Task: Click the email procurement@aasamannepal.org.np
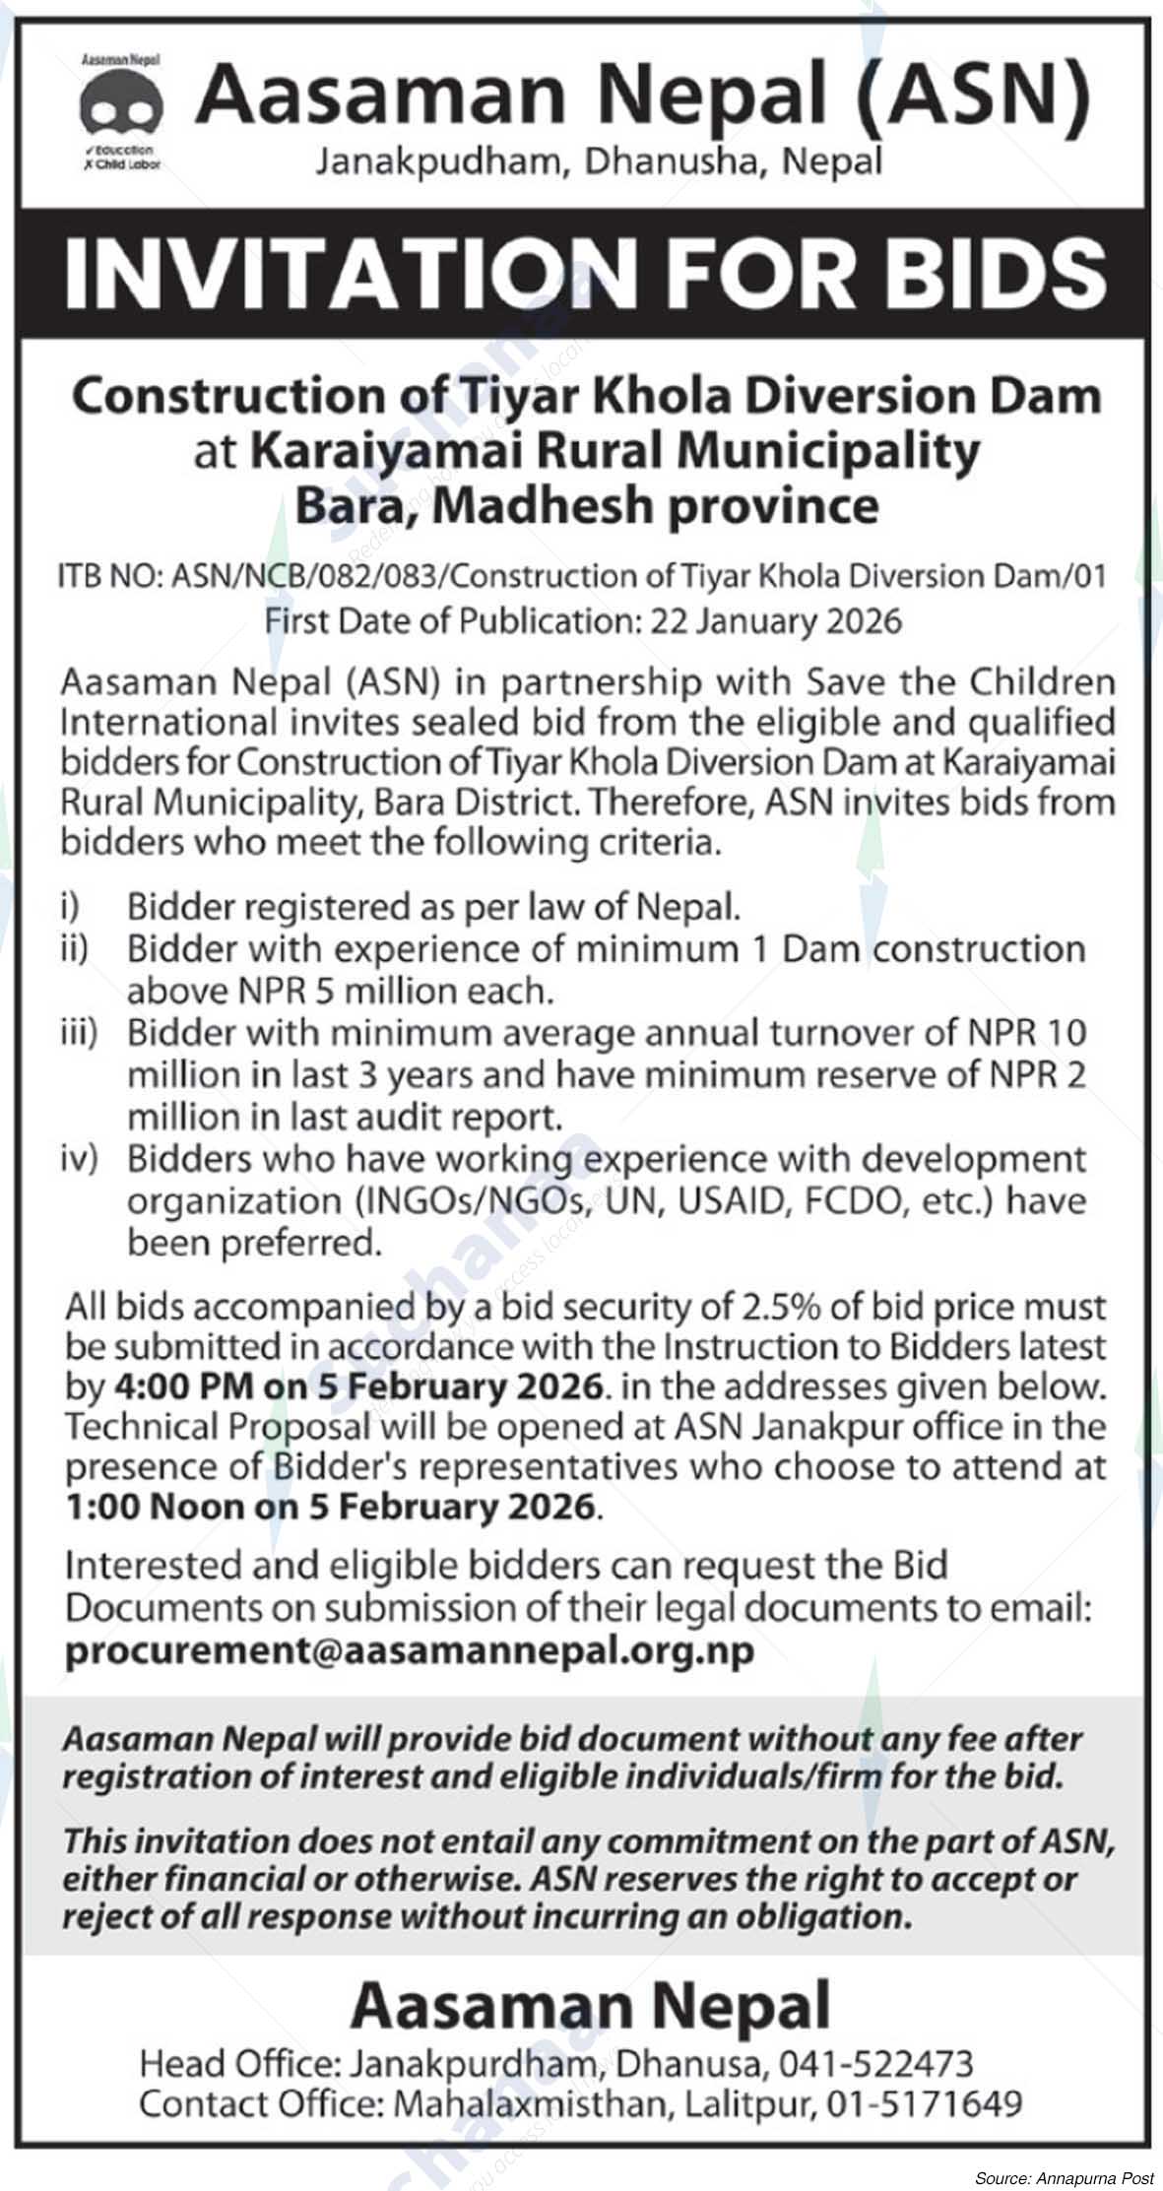pyautogui.click(x=410, y=1650)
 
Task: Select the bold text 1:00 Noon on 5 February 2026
pyautogui.click(x=331, y=1507)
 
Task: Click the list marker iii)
pyautogui.click(x=78, y=1033)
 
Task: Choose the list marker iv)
pyautogui.click(x=78, y=1160)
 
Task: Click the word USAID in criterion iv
pyautogui.click(x=757, y=1201)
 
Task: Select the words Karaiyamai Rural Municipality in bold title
pyautogui.click(x=615, y=451)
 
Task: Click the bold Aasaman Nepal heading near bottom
pyautogui.click(x=591, y=2004)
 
